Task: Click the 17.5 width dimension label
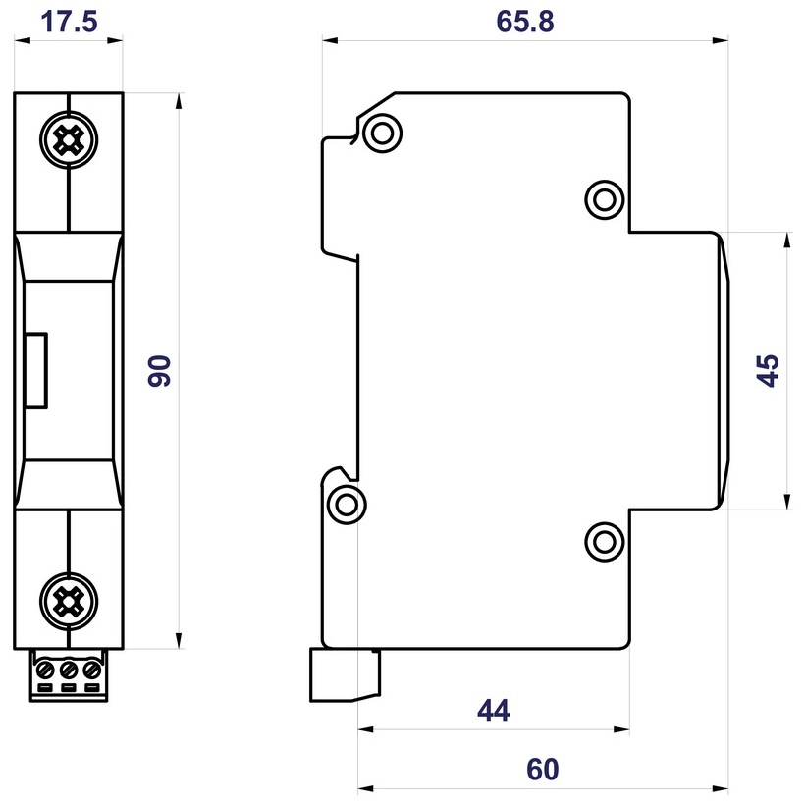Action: [70, 22]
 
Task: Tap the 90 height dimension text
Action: [160, 371]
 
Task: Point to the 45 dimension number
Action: [769, 371]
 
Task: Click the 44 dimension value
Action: [493, 710]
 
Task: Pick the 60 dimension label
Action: [543, 769]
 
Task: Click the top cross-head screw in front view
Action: [69, 142]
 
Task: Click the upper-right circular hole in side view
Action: [604, 199]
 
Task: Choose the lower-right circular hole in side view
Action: [604, 539]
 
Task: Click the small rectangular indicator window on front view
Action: [35, 370]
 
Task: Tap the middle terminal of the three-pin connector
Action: [69, 671]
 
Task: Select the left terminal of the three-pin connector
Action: [45, 671]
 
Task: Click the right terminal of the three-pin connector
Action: [92, 671]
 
